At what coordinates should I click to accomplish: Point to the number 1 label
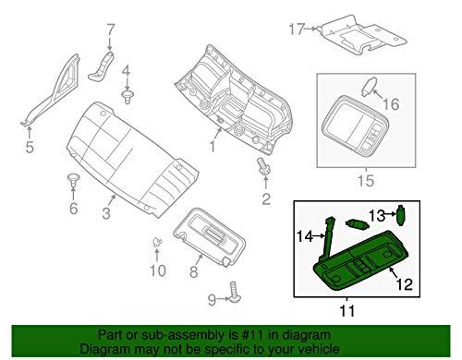click(213, 146)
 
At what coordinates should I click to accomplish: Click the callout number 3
click(108, 214)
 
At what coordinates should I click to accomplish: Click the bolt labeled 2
click(263, 167)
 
